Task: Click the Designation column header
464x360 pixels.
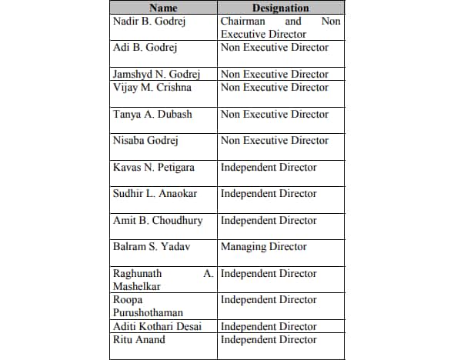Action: (280, 8)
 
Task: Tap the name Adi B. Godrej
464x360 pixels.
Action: (145, 48)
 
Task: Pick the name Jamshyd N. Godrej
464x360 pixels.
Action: (157, 75)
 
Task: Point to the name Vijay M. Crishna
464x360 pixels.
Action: (152, 88)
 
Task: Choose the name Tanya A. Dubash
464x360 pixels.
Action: (152, 115)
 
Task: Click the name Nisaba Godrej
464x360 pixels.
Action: (146, 141)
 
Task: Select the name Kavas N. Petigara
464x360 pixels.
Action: (154, 168)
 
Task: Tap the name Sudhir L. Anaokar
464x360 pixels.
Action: (155, 194)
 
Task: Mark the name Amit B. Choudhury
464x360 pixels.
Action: (158, 221)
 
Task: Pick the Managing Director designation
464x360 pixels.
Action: (263, 247)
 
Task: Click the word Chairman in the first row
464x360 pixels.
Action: (243, 22)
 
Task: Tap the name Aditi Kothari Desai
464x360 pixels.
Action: (157, 327)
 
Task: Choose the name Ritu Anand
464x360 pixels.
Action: (139, 340)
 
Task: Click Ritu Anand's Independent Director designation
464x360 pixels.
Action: (269, 340)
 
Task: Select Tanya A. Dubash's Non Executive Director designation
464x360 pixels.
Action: (275, 115)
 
